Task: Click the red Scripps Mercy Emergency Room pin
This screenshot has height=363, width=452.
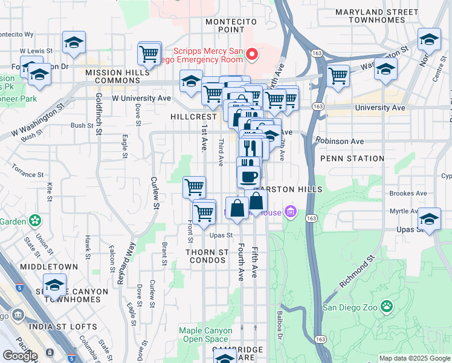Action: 253,55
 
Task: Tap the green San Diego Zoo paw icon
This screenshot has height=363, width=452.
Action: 387,307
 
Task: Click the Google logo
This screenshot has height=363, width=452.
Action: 19,356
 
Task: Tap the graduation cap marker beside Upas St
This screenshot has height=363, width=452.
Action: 429,219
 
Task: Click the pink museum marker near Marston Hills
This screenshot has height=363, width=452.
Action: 291,212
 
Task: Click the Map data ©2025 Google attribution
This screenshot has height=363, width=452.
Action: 415,358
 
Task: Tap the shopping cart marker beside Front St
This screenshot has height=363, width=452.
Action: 194,187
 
